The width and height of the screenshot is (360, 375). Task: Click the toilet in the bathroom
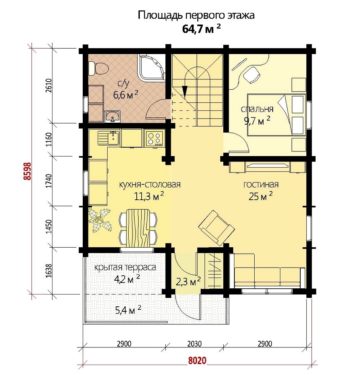[x=98, y=68]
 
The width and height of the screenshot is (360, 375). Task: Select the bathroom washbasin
[x=113, y=117]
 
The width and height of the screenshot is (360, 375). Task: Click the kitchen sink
[x=108, y=138]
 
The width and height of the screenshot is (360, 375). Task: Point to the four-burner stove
[x=154, y=138]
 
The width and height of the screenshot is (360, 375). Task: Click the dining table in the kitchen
[x=138, y=228]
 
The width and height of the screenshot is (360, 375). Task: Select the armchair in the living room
[x=216, y=228]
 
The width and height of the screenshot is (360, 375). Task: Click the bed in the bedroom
[x=277, y=115]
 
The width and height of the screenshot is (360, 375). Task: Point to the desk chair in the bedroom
[x=251, y=75]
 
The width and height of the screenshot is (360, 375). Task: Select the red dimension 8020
[x=197, y=360]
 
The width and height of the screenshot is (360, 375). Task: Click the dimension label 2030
[x=194, y=344]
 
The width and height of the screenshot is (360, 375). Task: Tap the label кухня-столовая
[x=149, y=185]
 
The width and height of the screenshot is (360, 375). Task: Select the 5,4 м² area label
[x=128, y=310]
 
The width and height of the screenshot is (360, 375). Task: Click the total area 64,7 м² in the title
[x=201, y=29]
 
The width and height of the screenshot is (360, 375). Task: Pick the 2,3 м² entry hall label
[x=188, y=281]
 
